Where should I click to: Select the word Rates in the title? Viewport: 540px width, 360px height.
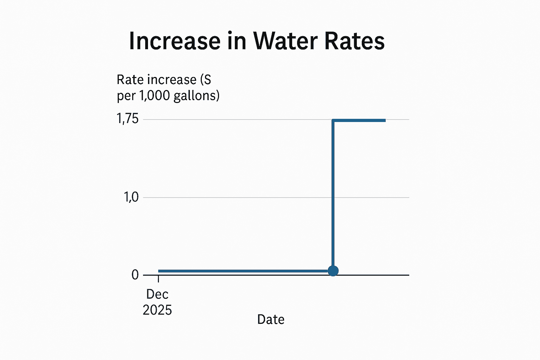tap(354, 41)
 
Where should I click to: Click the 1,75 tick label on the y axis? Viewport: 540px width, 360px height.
tap(128, 119)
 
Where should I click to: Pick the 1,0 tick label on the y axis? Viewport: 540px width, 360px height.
tap(131, 197)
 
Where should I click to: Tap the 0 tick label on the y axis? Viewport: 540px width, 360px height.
tap(135, 275)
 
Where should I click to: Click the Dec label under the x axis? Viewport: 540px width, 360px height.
tap(157, 294)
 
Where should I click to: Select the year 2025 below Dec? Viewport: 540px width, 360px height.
tap(157, 310)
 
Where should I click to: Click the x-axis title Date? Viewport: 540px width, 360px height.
tap(271, 319)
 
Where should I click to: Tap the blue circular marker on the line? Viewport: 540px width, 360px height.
tap(333, 271)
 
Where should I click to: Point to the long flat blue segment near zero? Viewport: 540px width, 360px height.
tap(243, 271)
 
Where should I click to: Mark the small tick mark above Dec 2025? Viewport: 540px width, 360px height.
tap(159, 279)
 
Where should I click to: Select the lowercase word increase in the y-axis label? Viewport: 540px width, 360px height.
tap(172, 80)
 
